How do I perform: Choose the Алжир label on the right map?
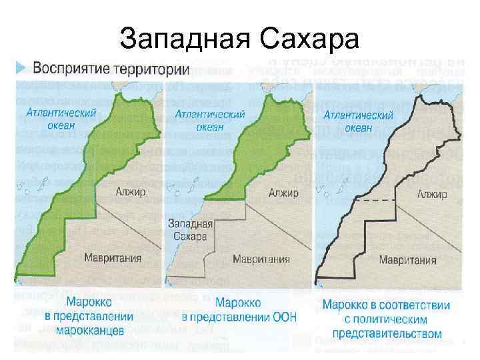(431, 194)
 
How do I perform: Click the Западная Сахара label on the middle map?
(191, 230)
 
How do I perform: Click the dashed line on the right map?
(377, 200)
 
